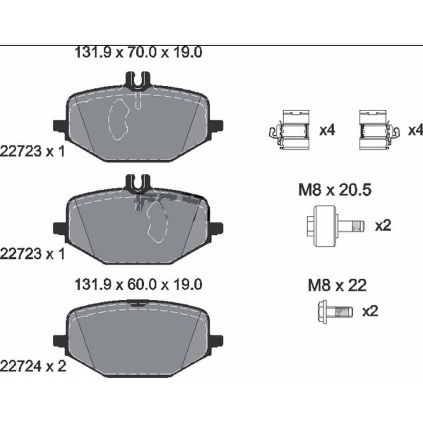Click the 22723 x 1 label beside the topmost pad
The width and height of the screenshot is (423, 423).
click(33, 152)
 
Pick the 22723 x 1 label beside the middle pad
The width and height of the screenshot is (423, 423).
click(33, 254)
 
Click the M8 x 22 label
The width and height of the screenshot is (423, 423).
click(337, 286)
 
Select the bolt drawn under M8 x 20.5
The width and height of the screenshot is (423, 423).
click(334, 227)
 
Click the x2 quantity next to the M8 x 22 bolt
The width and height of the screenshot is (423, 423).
click(370, 311)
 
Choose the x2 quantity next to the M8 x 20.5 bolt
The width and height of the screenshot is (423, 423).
click(382, 226)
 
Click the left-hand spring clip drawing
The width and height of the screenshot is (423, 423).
click(288, 128)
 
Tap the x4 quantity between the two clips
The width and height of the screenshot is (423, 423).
click(327, 130)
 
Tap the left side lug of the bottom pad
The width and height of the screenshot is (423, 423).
click(60, 338)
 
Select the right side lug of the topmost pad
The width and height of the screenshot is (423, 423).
click(216, 125)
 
